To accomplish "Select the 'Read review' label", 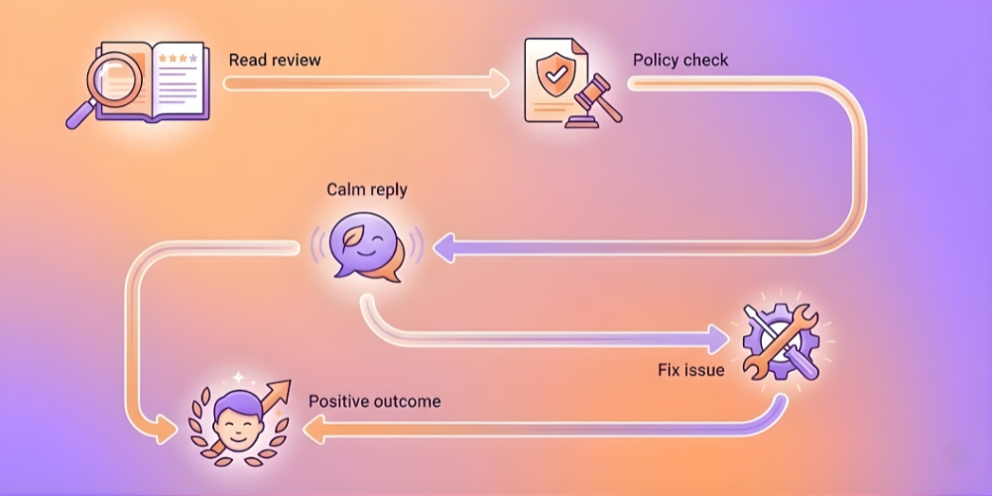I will (x=275, y=60).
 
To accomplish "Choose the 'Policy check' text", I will (x=681, y=60).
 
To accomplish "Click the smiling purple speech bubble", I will (x=360, y=246).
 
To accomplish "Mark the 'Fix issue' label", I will (x=690, y=370).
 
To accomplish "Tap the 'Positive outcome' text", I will (x=374, y=402).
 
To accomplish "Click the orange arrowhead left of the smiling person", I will (x=168, y=429).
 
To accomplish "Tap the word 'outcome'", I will (x=408, y=402).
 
